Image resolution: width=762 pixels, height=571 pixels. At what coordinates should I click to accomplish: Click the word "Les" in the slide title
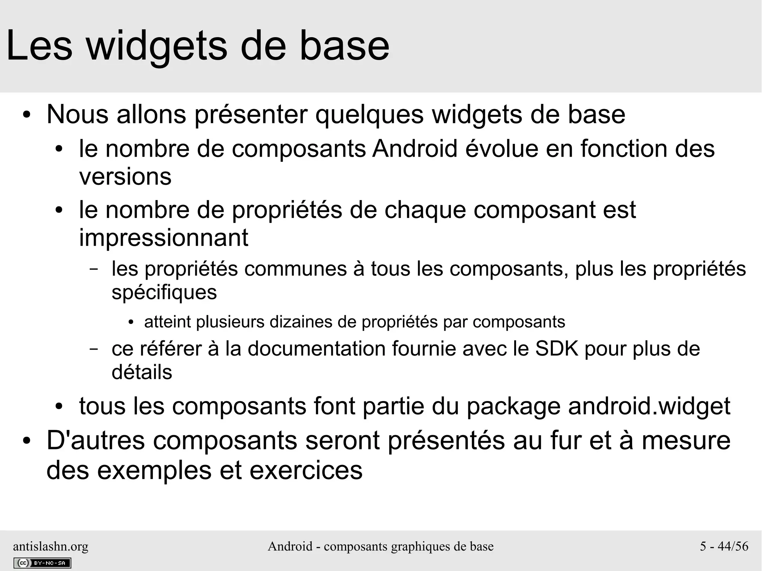(x=39, y=46)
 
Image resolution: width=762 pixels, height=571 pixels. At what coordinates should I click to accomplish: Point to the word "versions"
(x=125, y=177)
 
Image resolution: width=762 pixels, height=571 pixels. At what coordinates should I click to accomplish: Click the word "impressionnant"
(x=164, y=238)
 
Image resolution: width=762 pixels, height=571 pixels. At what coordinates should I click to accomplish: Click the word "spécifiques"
(x=164, y=292)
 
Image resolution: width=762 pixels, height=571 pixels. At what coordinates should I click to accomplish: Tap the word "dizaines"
(x=300, y=322)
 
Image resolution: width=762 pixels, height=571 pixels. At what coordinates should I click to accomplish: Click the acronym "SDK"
(x=557, y=349)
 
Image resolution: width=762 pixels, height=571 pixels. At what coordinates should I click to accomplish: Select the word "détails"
(x=142, y=372)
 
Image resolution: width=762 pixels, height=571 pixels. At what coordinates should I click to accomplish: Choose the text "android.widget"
(x=649, y=406)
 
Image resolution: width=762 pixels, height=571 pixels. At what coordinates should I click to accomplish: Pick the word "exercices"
(x=306, y=471)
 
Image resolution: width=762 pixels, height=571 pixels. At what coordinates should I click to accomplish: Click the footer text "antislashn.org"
(x=51, y=546)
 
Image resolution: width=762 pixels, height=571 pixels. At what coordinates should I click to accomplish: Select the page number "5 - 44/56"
(x=724, y=546)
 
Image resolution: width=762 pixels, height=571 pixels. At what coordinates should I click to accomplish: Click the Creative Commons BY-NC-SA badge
(x=42, y=563)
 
